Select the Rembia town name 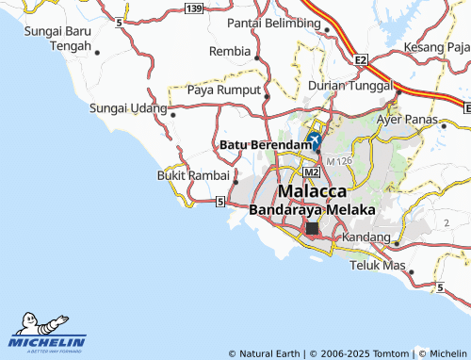(x=230, y=51)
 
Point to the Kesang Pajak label (x=436, y=47)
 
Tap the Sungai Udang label (x=127, y=108)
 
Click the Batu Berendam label (x=264, y=144)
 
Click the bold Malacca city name (x=312, y=190)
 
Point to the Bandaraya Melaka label (x=312, y=209)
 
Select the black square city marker (x=312, y=228)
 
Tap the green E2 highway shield (x=361, y=59)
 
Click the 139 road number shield (x=194, y=8)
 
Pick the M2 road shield (x=312, y=173)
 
